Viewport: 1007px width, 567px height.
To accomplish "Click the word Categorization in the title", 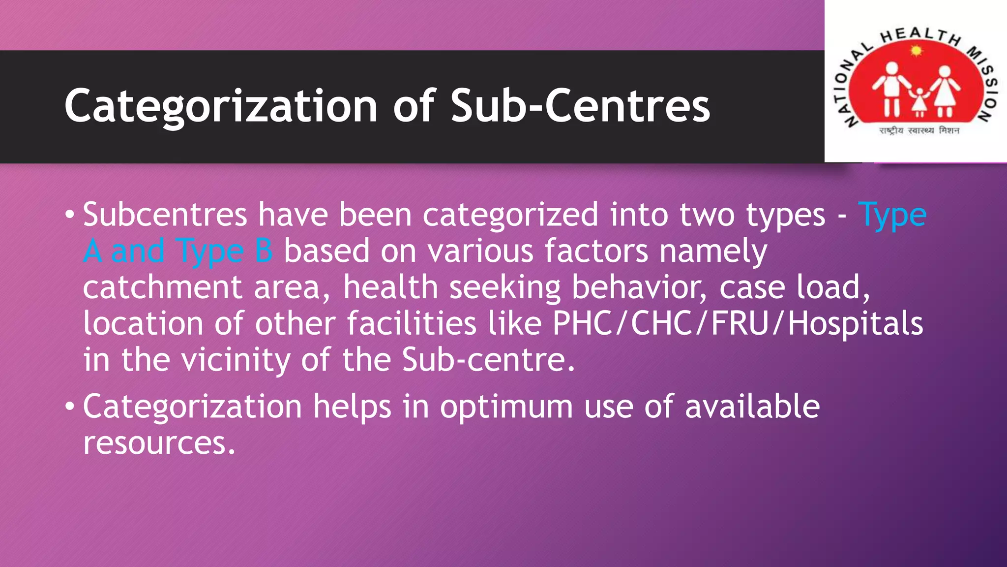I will point(221,106).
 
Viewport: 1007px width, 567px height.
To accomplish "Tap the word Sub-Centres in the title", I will point(580,106).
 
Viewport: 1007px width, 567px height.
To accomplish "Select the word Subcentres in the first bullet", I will point(165,215).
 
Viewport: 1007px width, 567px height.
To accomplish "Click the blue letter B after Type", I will point(264,251).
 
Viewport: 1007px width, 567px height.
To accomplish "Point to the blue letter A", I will point(92,251).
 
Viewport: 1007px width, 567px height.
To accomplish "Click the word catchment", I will point(162,287).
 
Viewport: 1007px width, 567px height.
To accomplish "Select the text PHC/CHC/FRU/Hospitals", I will point(738,324).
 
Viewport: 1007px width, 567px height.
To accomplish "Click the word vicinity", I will point(236,360).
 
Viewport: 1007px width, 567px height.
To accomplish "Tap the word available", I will point(752,407).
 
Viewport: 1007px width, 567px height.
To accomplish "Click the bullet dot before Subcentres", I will point(70,215).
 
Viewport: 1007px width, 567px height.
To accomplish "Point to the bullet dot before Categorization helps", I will point(70,407).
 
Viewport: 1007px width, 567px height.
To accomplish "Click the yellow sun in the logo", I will point(916,50).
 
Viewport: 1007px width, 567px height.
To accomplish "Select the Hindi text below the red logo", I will point(919,131).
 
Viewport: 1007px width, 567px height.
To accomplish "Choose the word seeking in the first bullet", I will point(505,287).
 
